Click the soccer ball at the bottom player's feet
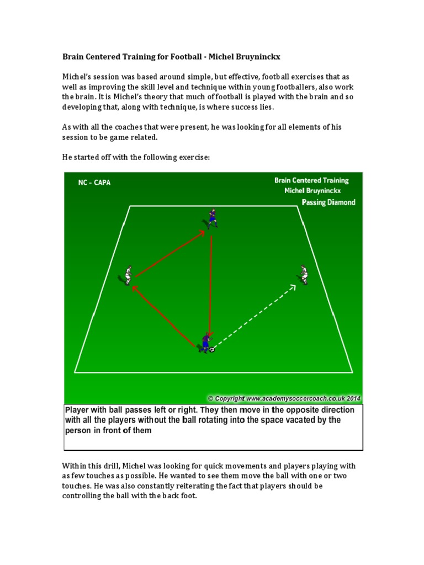pos(212,349)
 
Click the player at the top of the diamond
pos(213,218)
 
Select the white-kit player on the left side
pos(127,276)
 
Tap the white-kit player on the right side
pos(303,275)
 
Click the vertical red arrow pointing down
pos(210,286)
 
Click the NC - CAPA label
pos(94,183)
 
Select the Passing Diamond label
pos(328,202)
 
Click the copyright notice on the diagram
pos(284,398)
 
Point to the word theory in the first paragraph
pos(156,97)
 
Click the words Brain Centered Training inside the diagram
pos(311,180)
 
